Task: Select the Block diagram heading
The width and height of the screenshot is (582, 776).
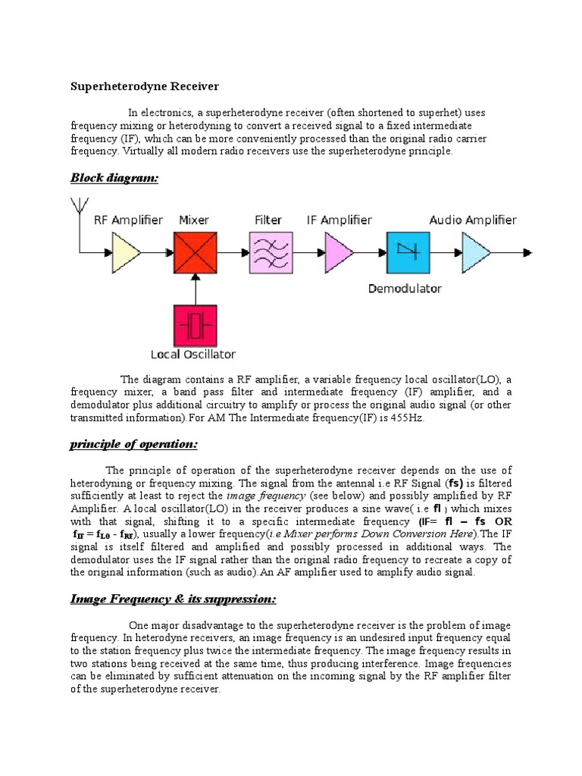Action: [x=114, y=178]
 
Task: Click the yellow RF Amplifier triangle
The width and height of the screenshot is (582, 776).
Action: [x=126, y=252]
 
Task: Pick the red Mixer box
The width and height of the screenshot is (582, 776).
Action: [x=196, y=252]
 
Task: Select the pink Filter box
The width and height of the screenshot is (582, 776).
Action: [x=271, y=252]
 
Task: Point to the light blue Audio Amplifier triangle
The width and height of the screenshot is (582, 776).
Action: [x=476, y=252]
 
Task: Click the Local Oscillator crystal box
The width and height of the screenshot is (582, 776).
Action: [x=196, y=327]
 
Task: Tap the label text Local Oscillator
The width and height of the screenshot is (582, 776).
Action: [x=193, y=354]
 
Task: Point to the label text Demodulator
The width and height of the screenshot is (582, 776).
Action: [x=405, y=288]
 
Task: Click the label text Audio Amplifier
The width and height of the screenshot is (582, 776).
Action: [x=473, y=221]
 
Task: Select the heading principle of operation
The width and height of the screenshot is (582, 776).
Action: [x=133, y=443]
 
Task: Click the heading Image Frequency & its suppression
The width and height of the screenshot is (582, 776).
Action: [x=174, y=599]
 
